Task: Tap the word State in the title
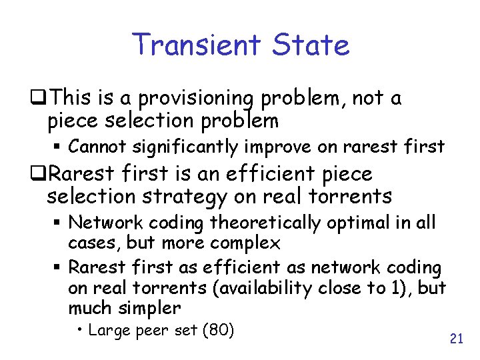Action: coord(311,45)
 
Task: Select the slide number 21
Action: coord(456,339)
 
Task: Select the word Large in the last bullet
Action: coord(109,330)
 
